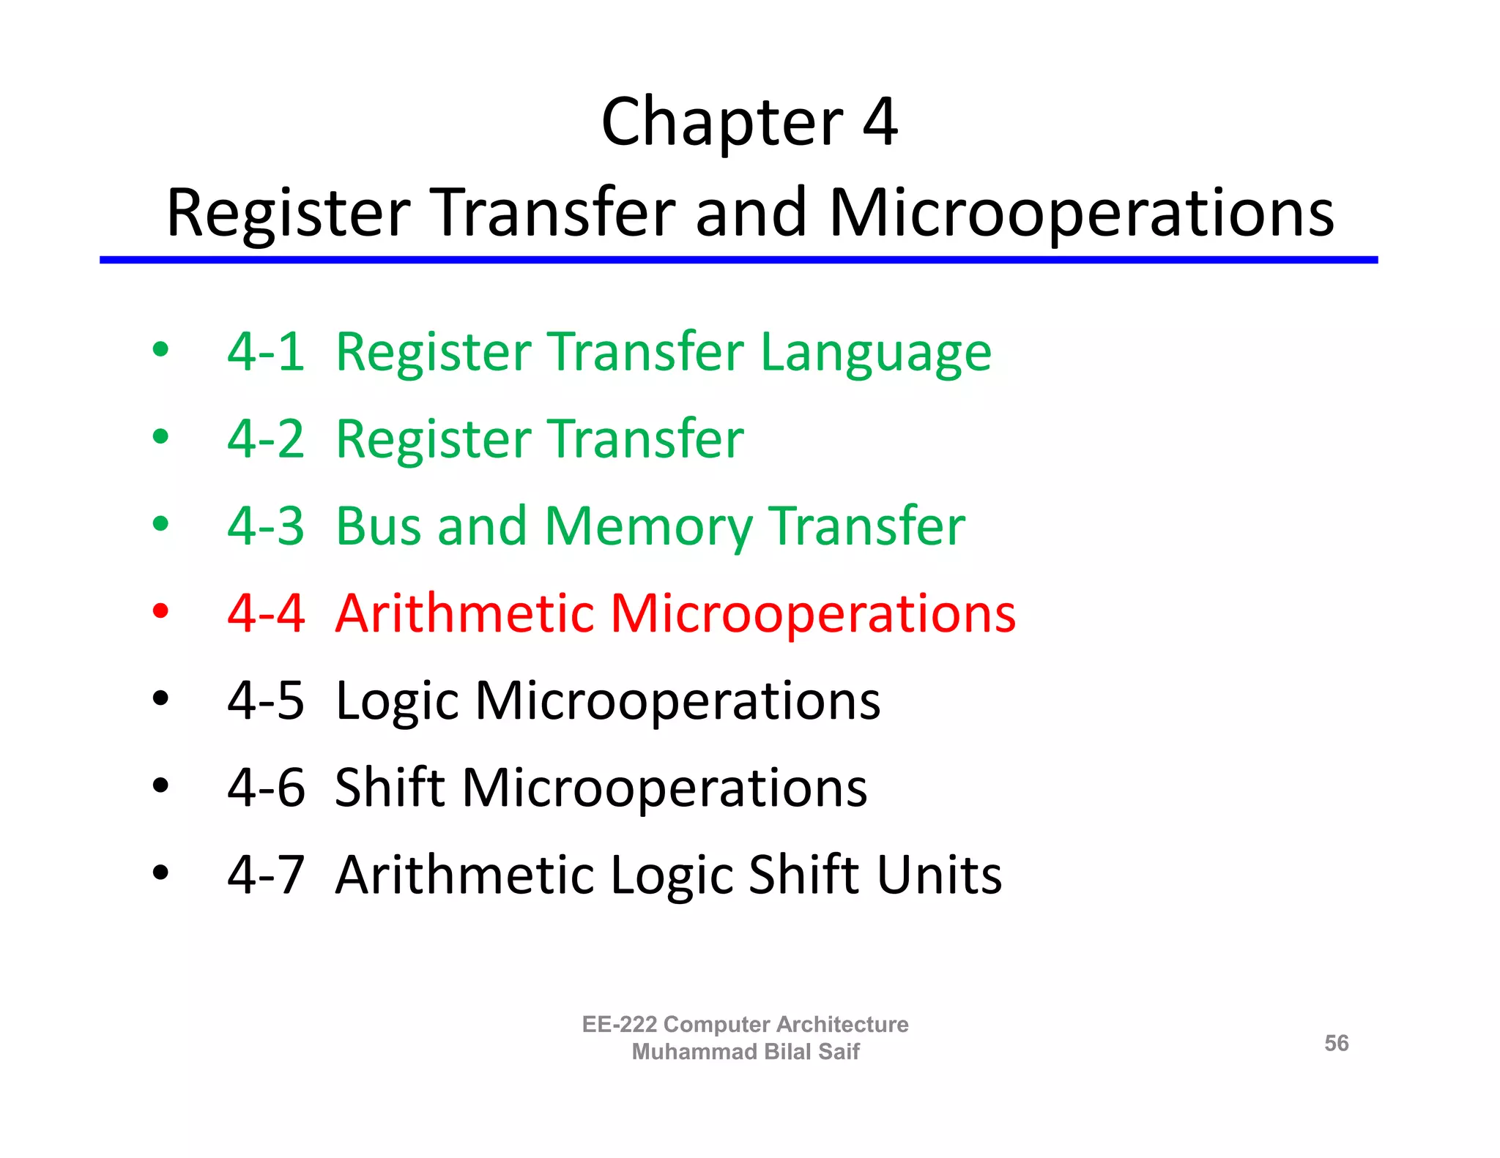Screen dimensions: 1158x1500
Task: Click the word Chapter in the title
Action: click(721, 123)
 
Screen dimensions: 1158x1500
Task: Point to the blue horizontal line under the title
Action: click(738, 260)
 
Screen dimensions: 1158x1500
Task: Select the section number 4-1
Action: click(265, 352)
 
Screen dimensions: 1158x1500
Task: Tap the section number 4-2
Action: click(265, 439)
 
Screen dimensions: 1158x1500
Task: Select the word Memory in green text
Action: click(647, 527)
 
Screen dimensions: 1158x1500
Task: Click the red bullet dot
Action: click(160, 610)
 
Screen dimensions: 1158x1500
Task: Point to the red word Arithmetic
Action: click(464, 613)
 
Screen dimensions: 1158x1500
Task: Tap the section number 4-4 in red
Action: click(265, 613)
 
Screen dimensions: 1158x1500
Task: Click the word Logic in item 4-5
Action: click(396, 701)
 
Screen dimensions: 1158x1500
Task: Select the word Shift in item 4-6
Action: click(390, 788)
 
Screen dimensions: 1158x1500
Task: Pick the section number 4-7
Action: click(265, 875)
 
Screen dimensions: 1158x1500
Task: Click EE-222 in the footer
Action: click(619, 1024)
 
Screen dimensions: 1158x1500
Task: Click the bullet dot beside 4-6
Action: click(160, 786)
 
